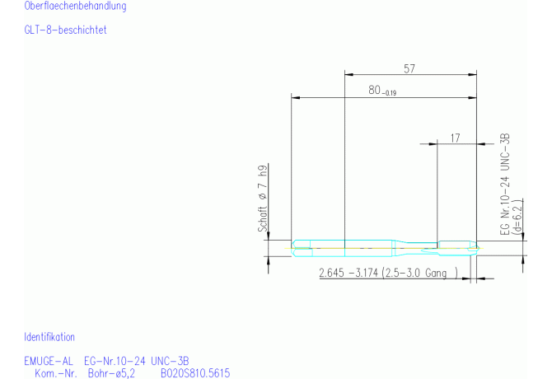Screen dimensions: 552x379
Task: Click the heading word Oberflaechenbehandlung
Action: pos(75,6)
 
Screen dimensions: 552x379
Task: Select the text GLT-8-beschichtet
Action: pos(65,30)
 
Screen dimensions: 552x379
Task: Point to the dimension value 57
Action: pos(409,68)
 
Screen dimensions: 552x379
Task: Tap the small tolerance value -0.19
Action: pos(389,93)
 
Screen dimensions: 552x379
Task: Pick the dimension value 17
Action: pos(455,138)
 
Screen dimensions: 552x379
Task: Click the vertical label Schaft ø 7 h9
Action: pos(263,198)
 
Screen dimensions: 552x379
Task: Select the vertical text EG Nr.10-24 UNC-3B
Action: pos(505,184)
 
